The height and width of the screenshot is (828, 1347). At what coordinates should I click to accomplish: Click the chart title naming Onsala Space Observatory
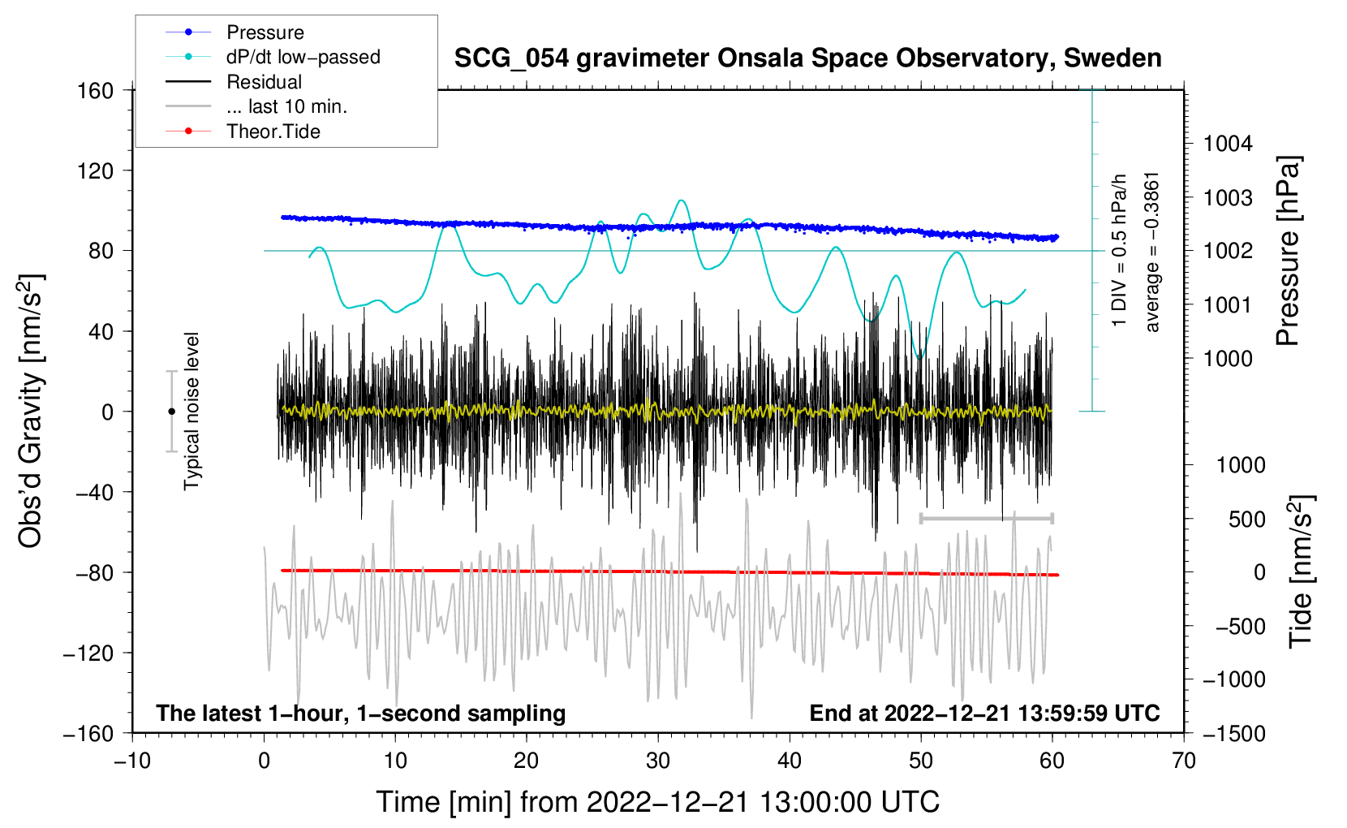coord(807,58)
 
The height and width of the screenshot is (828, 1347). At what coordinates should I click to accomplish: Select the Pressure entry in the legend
coord(265,32)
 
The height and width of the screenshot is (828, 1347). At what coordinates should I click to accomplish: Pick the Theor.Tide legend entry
coord(273,132)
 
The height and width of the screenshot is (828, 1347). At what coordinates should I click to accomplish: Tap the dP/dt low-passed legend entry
coord(303,57)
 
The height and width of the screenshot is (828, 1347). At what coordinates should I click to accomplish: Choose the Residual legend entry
coord(264,82)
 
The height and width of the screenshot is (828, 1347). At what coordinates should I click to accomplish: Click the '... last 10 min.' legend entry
coord(286,106)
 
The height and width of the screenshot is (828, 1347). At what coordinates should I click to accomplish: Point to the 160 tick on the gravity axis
coord(96,91)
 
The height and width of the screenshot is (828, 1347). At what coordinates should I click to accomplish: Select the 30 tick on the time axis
coord(658,761)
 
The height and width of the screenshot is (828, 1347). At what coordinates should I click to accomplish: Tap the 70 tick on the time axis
coord(1184,761)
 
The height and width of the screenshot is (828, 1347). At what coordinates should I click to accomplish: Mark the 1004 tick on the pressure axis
coord(1228,144)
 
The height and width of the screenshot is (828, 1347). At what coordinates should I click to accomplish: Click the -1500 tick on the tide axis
coord(1233,734)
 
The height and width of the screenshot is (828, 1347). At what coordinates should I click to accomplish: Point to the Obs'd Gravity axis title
coord(31,411)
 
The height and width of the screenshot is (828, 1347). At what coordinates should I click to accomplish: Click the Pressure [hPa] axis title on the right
coord(1288,252)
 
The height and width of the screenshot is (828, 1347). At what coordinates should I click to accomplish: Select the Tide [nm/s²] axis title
coord(1301,571)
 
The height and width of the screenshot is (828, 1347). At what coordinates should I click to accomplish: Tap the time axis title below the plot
coord(657,802)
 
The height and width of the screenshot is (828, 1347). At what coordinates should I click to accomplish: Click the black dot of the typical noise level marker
coord(171,412)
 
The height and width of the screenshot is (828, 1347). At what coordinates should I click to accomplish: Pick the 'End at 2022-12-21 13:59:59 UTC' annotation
coord(984,714)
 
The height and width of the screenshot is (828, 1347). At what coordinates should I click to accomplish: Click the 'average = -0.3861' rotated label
coord(1152,252)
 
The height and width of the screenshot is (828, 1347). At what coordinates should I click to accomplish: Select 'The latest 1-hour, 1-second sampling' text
coord(361,714)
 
